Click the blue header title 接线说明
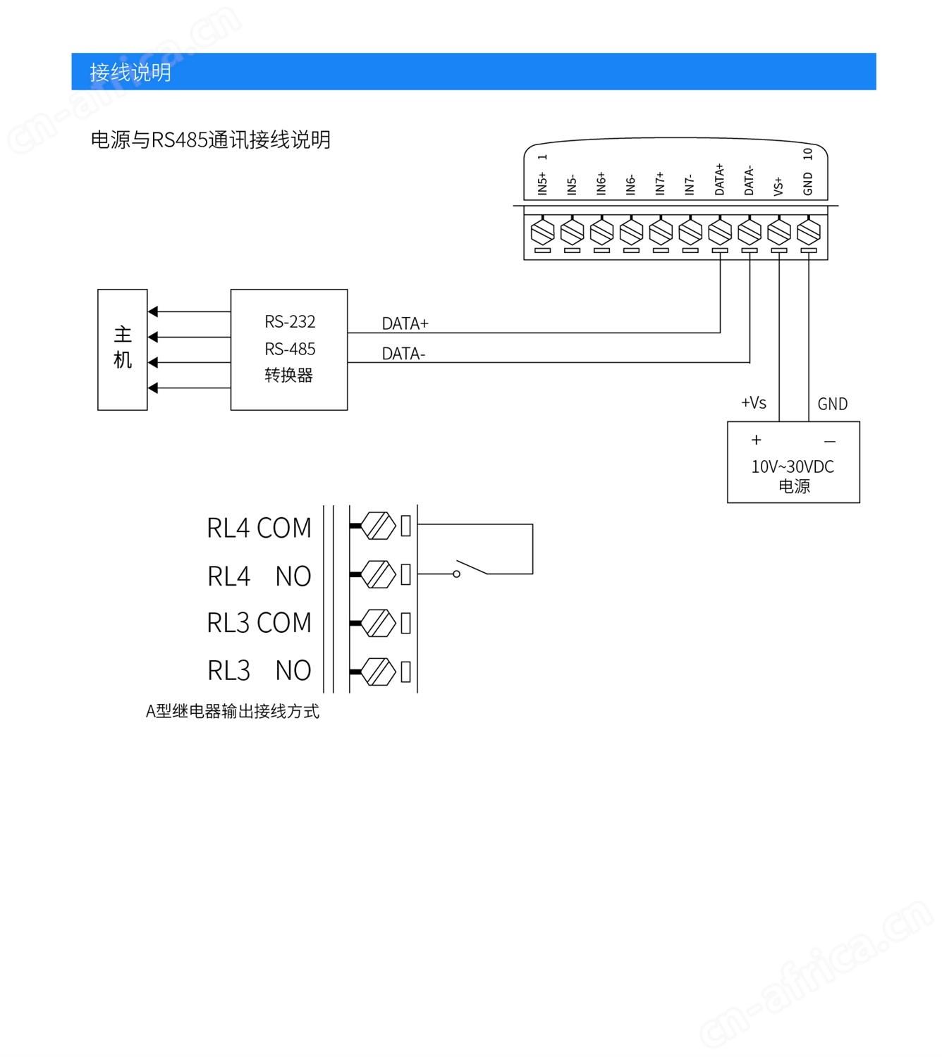130,72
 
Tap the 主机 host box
123,349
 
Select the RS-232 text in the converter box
290,322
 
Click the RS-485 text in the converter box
290,350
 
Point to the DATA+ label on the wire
405,323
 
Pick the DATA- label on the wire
403,354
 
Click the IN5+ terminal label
542,183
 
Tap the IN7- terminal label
690,185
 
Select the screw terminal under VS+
778,230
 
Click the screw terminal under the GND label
808,230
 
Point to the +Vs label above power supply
753,403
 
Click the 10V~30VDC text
793,466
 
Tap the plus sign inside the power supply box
757,440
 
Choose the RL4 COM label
259,528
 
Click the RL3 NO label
259,671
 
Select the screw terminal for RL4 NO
379,575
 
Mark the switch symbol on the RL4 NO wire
471,568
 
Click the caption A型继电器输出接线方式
232,712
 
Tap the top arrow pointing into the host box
154,311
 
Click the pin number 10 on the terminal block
808,154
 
